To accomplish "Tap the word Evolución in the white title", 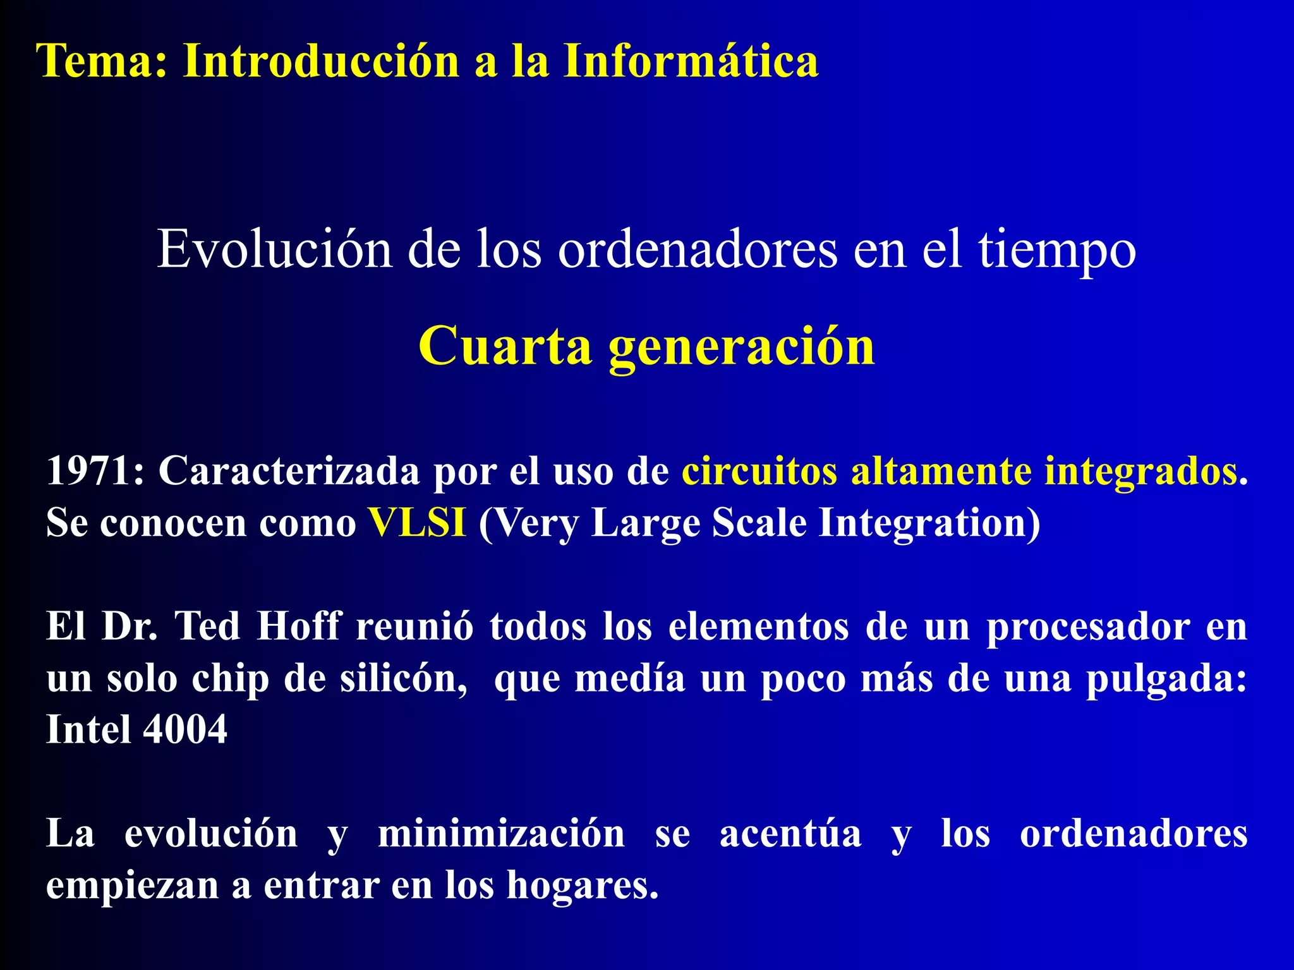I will pyautogui.click(x=274, y=249).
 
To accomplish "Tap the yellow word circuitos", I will pyautogui.click(x=759, y=470).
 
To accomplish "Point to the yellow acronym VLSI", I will pyautogui.click(x=418, y=523).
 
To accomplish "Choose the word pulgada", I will pyautogui.click(x=1165, y=680).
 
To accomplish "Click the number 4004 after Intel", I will pyautogui.click(x=184, y=729).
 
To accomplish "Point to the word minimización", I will pyautogui.click(x=501, y=833).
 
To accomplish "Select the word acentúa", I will pyautogui.click(x=790, y=833).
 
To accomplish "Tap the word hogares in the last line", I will pyautogui.click(x=582, y=885).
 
